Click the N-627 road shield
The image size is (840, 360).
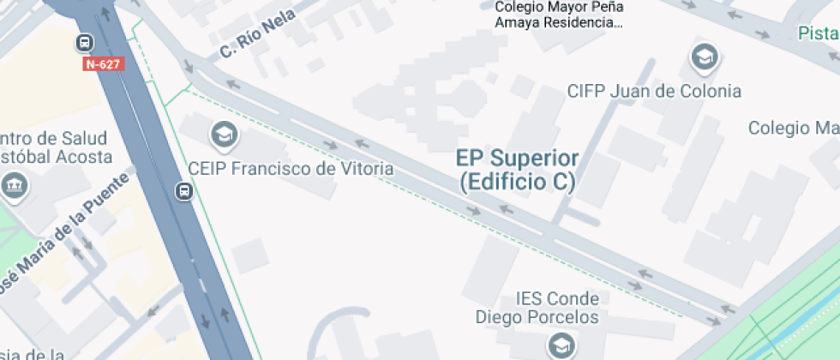click(x=104, y=64)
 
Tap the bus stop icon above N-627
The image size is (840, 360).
click(x=86, y=42)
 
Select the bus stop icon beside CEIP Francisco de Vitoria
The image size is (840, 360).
click(x=183, y=190)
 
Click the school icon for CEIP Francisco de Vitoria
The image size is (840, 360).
click(x=224, y=135)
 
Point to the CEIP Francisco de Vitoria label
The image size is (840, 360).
click(x=291, y=169)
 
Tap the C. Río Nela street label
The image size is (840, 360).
click(x=257, y=33)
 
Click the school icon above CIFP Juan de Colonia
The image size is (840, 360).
click(x=704, y=58)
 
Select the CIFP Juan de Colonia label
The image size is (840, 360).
click(x=654, y=91)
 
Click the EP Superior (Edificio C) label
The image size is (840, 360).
click(x=517, y=170)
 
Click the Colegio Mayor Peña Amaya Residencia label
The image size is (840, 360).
click(x=559, y=15)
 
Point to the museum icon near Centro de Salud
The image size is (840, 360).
click(x=15, y=184)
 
